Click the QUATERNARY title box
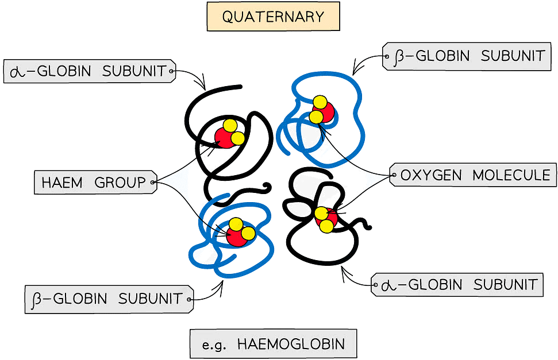pos(273,17)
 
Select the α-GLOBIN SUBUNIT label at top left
pos(88,72)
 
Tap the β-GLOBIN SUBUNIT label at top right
pos(469,56)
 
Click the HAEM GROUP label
pos(94,183)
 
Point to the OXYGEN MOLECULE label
pos(475,175)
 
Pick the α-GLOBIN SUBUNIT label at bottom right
pos(459,284)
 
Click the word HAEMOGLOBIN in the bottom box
pos(291,344)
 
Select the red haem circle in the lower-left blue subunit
pos(236,236)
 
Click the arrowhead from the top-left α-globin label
pos(202,86)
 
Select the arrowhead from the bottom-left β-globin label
pos(220,284)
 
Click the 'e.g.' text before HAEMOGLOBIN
pos(215,344)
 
